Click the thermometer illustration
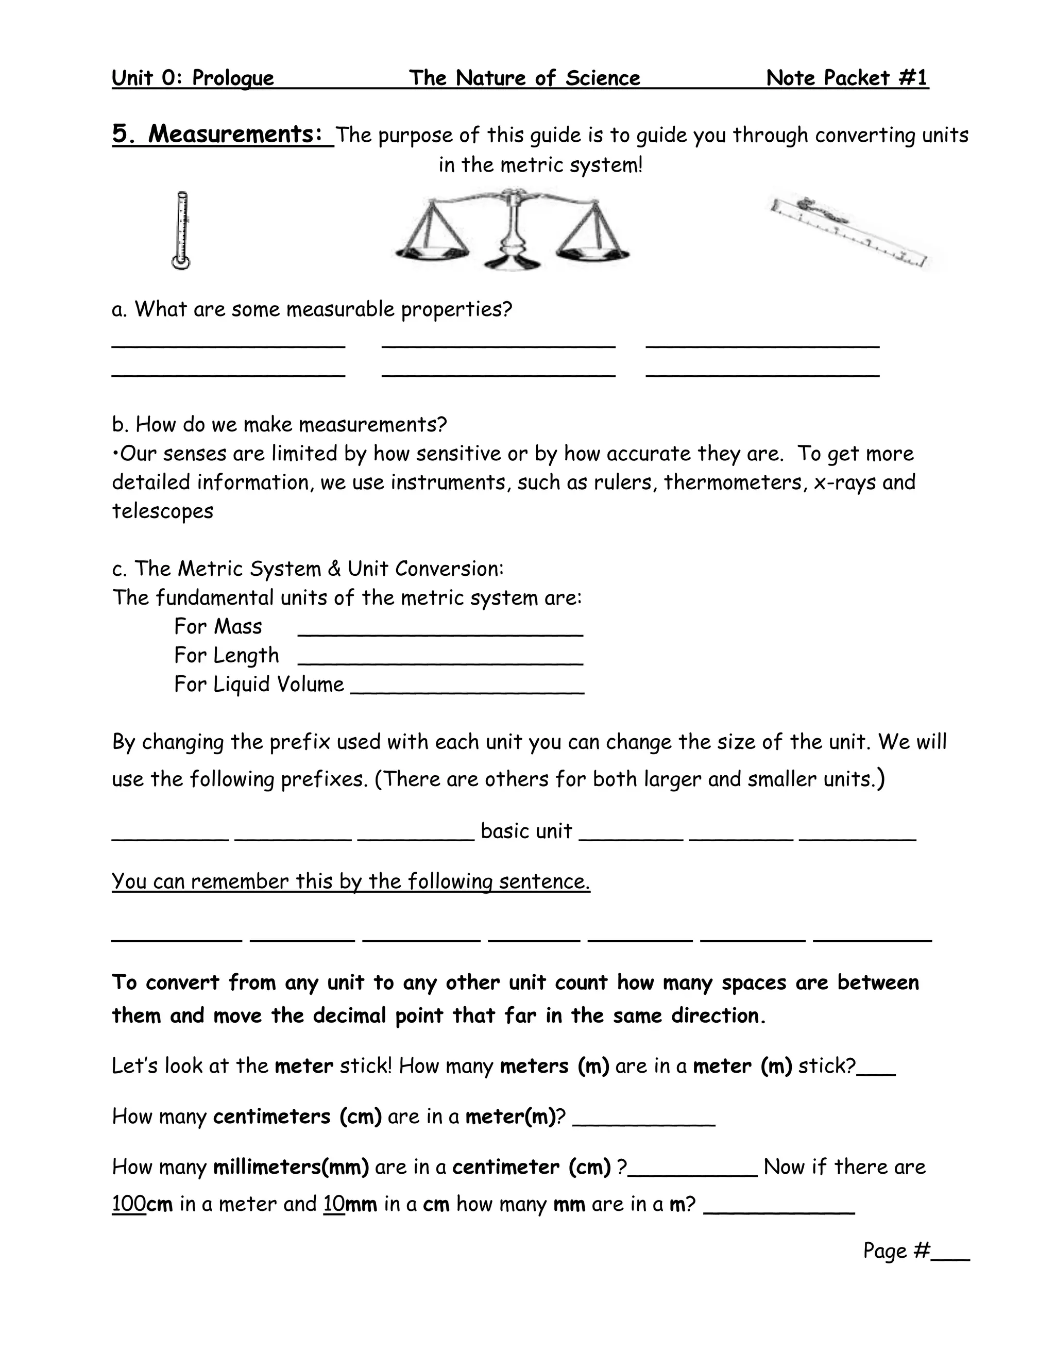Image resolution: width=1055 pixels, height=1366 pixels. (181, 230)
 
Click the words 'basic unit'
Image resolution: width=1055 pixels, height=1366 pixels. (526, 830)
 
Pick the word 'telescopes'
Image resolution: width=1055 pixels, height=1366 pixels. (162, 511)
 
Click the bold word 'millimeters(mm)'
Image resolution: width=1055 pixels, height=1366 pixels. (291, 1167)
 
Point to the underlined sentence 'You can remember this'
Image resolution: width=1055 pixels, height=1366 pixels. (350, 881)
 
